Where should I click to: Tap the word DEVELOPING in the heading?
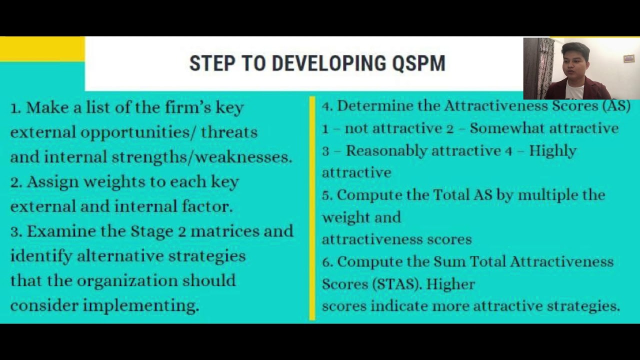[328, 63]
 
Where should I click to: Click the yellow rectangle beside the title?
[42, 48]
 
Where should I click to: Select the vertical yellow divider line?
[312, 207]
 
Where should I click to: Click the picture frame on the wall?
[629, 59]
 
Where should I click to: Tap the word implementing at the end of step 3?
[141, 305]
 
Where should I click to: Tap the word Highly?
[552, 151]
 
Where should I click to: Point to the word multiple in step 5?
[547, 194]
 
